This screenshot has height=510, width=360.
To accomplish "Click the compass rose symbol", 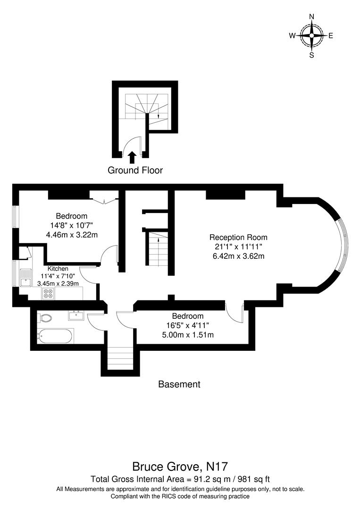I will click(x=311, y=35).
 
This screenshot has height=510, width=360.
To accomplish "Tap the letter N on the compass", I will click(x=311, y=17).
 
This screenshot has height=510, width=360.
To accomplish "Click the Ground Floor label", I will click(x=135, y=170).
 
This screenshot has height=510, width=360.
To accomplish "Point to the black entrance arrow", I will click(x=132, y=157).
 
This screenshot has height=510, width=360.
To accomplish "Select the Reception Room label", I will click(x=238, y=238).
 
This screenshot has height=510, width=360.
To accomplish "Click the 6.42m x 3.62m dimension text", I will click(x=238, y=256).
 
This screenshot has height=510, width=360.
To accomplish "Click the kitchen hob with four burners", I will click(x=48, y=293).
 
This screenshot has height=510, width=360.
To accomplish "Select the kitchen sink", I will click(x=26, y=280).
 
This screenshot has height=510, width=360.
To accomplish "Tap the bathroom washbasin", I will click(x=76, y=315).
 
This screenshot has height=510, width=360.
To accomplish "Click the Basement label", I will click(x=179, y=384).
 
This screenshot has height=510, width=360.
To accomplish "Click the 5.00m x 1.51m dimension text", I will click(x=188, y=335).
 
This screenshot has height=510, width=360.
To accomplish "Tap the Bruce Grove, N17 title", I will click(x=180, y=467).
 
